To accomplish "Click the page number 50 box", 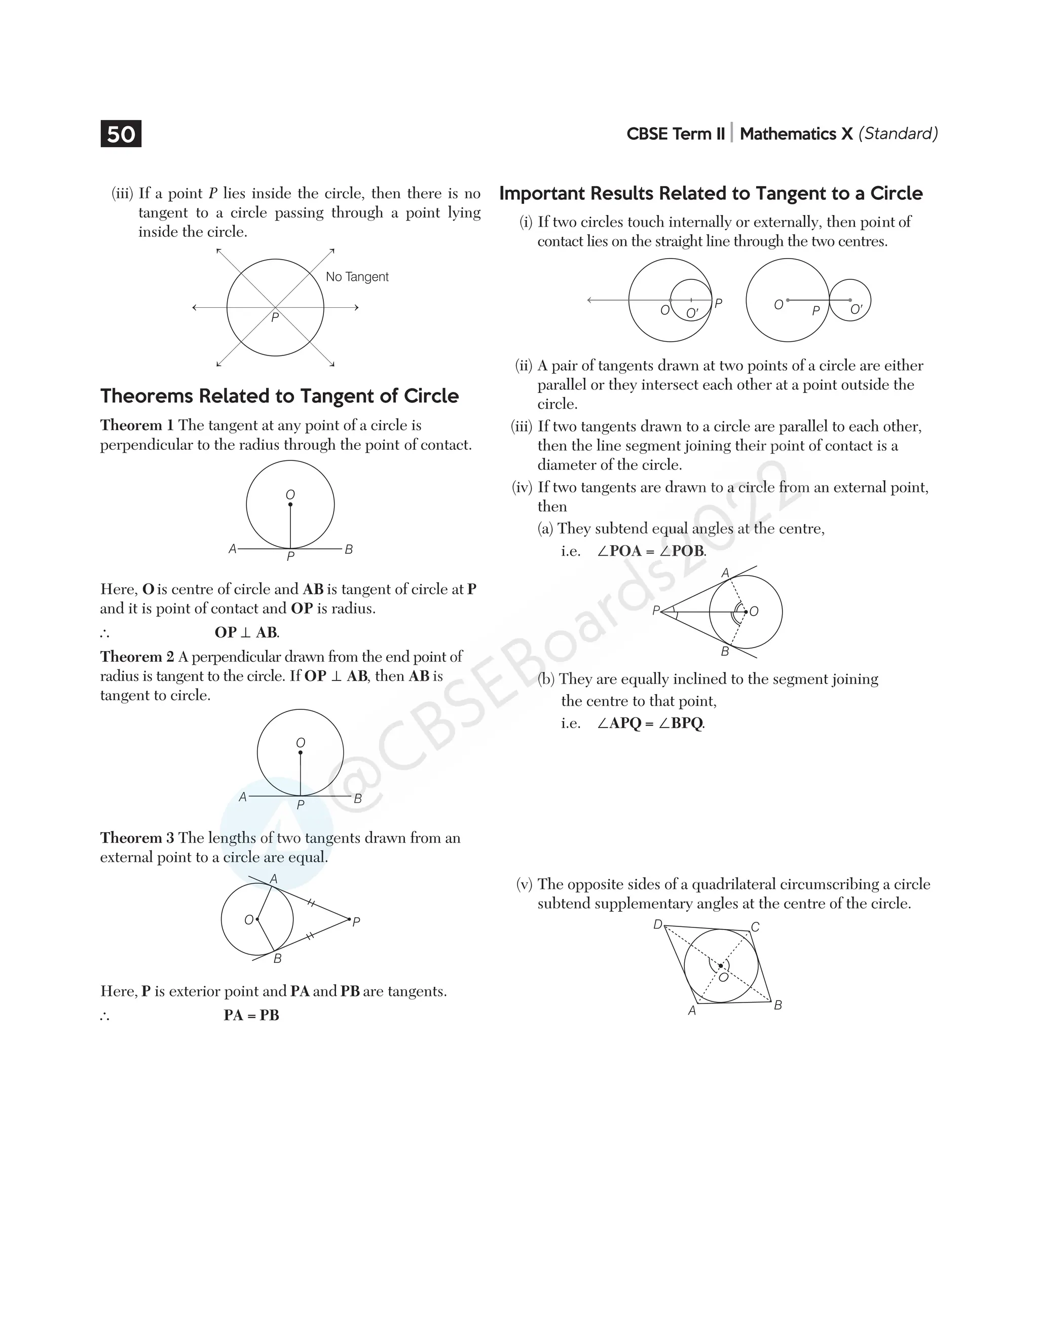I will pyautogui.click(x=121, y=134).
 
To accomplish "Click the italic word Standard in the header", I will pyautogui.click(x=898, y=134).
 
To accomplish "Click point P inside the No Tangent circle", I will pyautogui.click(x=275, y=317).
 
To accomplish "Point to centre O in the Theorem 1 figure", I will pyautogui.click(x=290, y=495).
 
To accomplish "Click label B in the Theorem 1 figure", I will pyautogui.click(x=349, y=550).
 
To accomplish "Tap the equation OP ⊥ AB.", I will pyautogui.click(x=247, y=632).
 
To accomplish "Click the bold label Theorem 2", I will pyautogui.click(x=137, y=657).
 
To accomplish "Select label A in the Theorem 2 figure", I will pyautogui.click(x=242, y=797).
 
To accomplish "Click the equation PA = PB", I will pyautogui.click(x=251, y=1016).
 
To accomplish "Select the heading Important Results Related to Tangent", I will pyautogui.click(x=711, y=193).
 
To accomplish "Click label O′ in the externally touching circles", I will pyautogui.click(x=856, y=310).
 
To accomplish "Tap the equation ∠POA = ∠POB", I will pyautogui.click(x=651, y=551).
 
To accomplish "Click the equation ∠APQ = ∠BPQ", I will pyautogui.click(x=650, y=724).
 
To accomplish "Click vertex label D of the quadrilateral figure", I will pyautogui.click(x=657, y=924).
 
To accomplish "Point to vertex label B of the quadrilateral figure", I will pyautogui.click(x=778, y=1006).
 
